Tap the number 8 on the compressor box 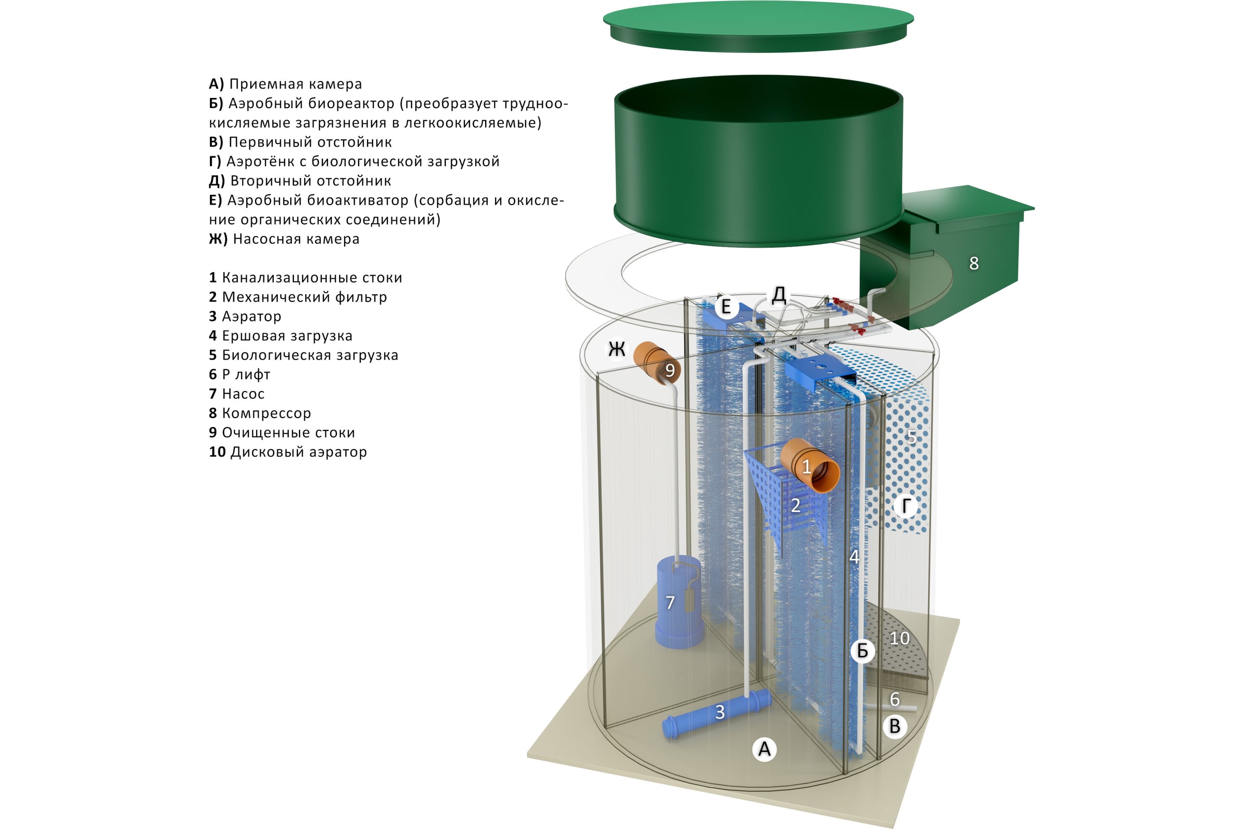point(974,263)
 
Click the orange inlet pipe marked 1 point(809,466)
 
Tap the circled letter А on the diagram point(764,749)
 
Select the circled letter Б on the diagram point(862,651)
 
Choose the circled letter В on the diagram point(895,726)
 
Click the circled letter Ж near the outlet point(617,349)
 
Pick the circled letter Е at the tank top point(726,307)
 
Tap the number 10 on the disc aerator point(899,638)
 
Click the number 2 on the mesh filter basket point(796,506)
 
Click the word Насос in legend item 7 point(243,394)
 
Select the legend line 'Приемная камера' point(295,84)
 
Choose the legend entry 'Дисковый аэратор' point(299,452)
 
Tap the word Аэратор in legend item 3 point(251,316)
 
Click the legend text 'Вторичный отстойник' point(310,181)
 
